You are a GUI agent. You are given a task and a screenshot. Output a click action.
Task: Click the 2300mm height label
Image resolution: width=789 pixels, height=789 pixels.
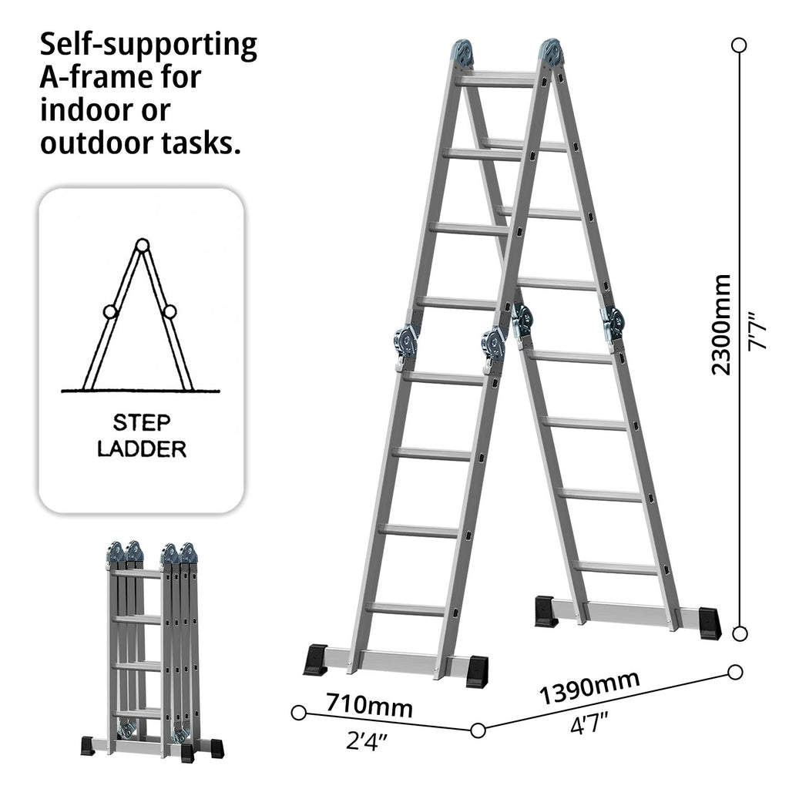[x=721, y=324]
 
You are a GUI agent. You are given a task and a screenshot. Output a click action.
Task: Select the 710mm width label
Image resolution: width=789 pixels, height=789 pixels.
[x=368, y=704]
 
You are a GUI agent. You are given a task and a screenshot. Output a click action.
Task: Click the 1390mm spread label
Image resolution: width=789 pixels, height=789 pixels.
[x=589, y=687]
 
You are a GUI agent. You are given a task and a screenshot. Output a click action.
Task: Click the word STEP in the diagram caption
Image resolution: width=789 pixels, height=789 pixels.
[x=142, y=423]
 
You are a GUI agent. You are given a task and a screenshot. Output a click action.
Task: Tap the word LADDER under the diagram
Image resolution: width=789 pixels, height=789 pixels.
[x=142, y=449]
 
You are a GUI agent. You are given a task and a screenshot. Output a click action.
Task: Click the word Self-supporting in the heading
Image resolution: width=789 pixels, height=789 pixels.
[x=148, y=46]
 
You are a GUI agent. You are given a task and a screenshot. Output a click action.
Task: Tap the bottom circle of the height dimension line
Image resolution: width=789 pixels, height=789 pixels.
[x=739, y=633]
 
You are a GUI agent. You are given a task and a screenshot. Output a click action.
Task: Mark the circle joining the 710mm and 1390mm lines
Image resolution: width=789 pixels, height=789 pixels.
[x=478, y=730]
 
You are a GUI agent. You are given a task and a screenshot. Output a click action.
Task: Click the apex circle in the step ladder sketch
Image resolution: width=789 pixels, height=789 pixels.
[x=141, y=246]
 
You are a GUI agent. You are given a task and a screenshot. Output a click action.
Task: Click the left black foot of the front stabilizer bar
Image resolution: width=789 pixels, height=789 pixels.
[x=315, y=660]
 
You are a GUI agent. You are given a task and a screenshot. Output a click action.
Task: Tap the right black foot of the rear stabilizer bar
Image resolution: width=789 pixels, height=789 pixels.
[x=707, y=623]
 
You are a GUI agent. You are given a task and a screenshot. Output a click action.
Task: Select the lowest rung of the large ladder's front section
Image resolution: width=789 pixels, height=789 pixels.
[x=405, y=609]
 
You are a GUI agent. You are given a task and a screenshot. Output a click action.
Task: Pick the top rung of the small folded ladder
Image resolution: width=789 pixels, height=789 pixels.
[x=136, y=573]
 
